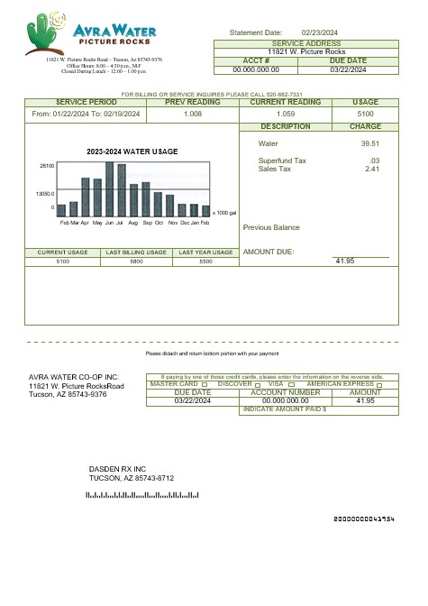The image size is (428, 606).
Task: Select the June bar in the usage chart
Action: click(110, 189)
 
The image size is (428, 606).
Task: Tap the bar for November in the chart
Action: click(169, 206)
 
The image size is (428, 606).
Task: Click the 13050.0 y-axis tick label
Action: click(46, 194)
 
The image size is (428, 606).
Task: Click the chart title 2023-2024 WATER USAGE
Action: click(132, 151)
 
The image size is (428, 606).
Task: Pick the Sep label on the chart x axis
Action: click(147, 222)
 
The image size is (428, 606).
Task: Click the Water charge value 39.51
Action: click(369, 143)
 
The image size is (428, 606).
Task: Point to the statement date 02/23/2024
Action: click(318, 32)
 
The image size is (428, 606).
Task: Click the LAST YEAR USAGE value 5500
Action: click(205, 261)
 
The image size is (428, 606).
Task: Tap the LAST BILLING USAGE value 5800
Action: click(136, 261)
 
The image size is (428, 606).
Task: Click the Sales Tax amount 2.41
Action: click(371, 169)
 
